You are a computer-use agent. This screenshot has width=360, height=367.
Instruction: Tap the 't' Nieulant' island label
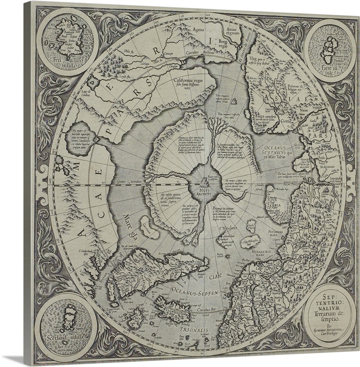point(225,228)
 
